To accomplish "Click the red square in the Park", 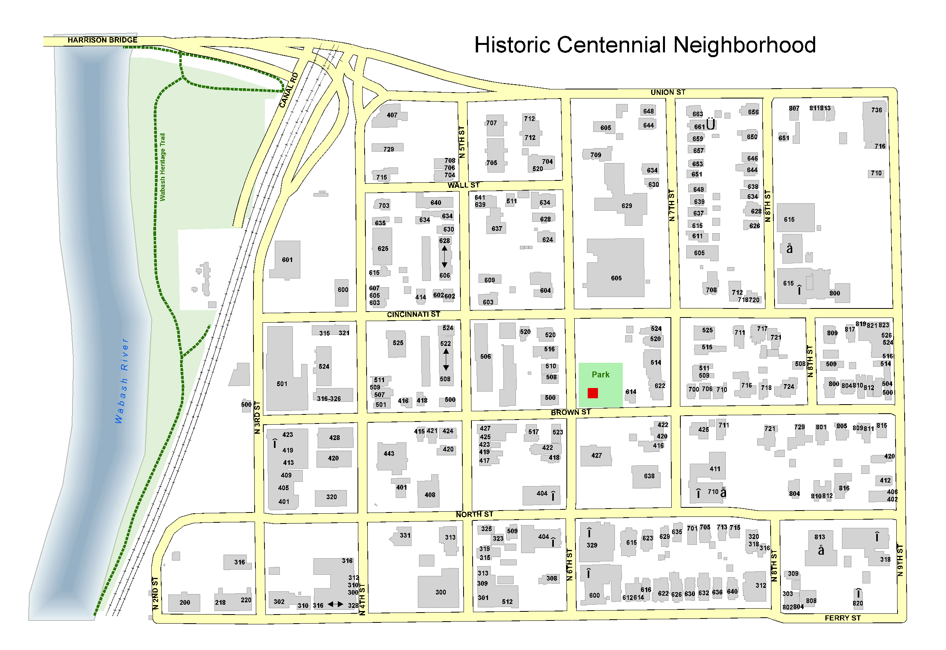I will (593, 393).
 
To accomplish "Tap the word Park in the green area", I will (601, 374).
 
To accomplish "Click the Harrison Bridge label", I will (102, 40).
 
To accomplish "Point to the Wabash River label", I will (122, 381).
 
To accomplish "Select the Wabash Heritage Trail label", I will (162, 167).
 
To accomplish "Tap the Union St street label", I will (668, 93).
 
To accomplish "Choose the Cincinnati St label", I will (413, 314).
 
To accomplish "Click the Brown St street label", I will (570, 412).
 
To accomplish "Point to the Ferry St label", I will (842, 618).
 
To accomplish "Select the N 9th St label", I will (900, 560).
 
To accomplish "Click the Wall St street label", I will (463, 185).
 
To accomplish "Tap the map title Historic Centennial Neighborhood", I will (644, 45).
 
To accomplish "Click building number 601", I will (287, 260).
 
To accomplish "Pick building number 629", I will (627, 206).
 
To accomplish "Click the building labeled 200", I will (184, 602).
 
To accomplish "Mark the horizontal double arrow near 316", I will (335, 604).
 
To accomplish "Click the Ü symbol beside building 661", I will (711, 124).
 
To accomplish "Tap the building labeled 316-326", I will (329, 398).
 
